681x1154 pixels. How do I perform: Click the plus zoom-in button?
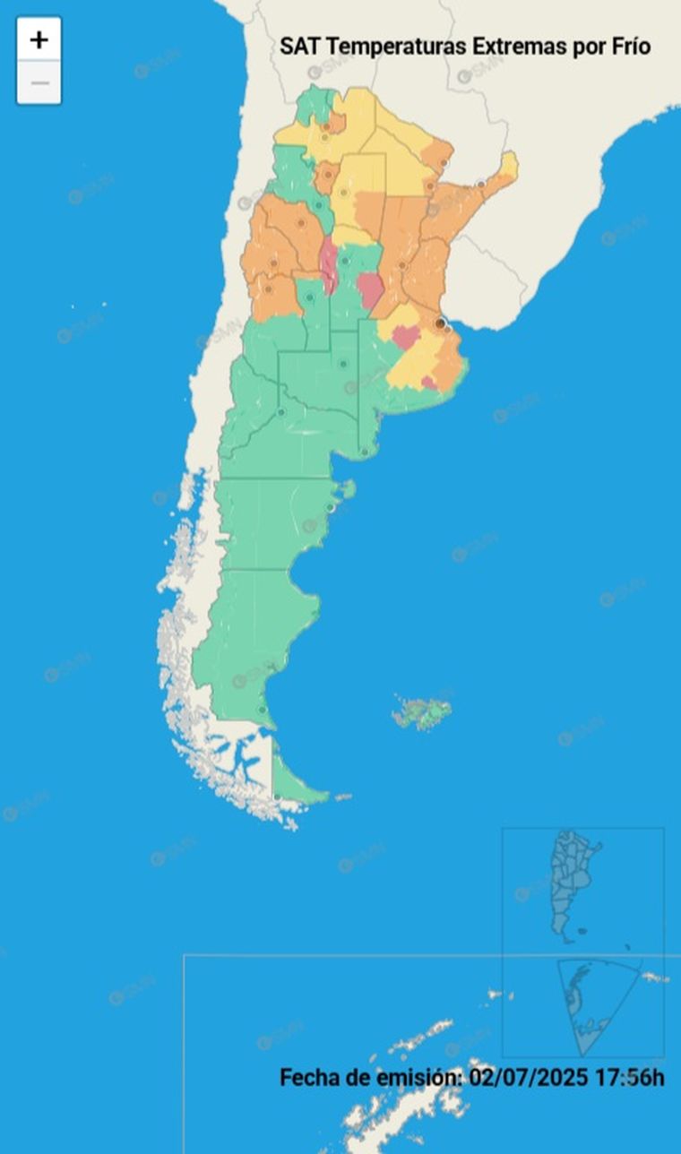(x=39, y=39)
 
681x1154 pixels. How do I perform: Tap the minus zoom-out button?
(x=39, y=84)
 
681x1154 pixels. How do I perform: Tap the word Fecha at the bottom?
(x=308, y=1077)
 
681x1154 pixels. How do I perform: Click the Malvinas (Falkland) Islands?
(x=422, y=714)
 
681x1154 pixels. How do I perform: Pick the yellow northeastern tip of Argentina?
(x=509, y=165)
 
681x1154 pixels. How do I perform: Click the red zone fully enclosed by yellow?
(x=405, y=337)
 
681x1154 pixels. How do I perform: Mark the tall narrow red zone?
(x=329, y=263)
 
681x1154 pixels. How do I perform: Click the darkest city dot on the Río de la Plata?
(x=440, y=322)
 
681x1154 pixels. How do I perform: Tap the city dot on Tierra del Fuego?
(x=277, y=797)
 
